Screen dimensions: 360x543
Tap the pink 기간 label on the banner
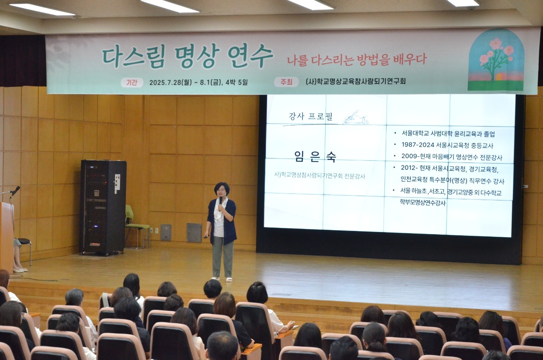[132, 82]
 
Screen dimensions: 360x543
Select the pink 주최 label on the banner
[286, 82]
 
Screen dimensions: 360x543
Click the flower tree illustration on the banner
[496, 61]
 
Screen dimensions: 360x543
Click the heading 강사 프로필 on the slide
[310, 117]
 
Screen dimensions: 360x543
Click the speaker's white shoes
[222, 279]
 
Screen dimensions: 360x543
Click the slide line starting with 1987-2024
[447, 145]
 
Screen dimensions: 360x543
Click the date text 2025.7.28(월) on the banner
[170, 82]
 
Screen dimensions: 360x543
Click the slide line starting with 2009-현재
[452, 157]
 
